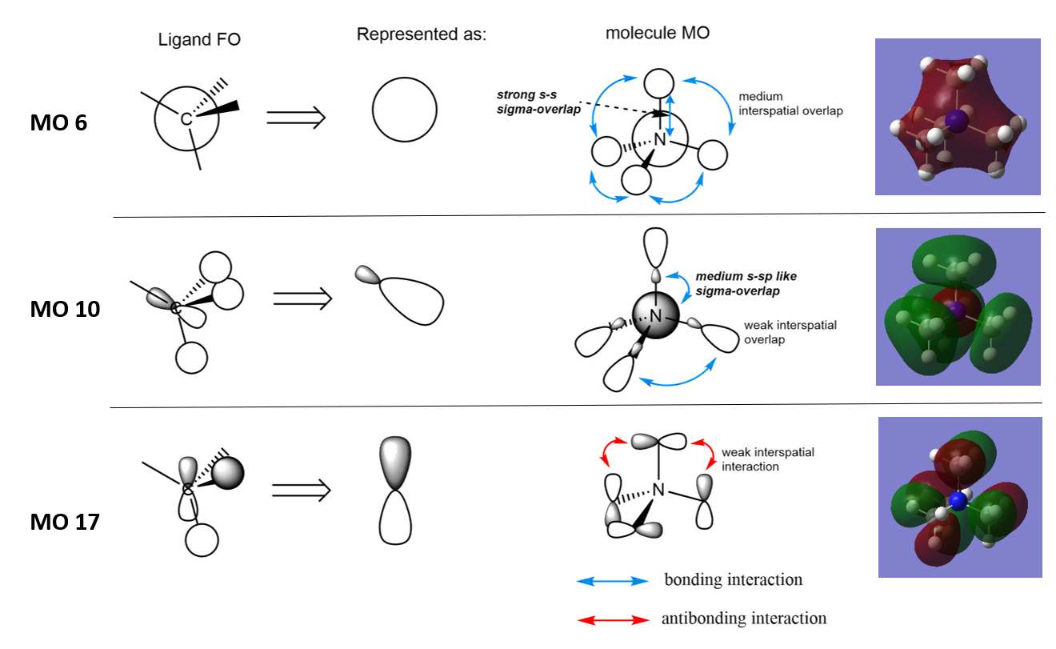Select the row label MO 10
click(65, 309)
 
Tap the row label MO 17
click(65, 523)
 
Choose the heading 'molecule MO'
click(658, 34)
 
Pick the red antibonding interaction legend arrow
click(613, 620)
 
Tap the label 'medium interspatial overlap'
click(790, 104)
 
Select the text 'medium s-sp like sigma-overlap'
click(746, 284)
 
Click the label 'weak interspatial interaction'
click(768, 459)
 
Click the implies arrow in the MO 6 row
click(296, 118)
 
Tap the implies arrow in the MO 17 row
click(302, 490)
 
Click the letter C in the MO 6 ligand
click(186, 120)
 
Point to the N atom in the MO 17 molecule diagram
click(659, 490)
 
